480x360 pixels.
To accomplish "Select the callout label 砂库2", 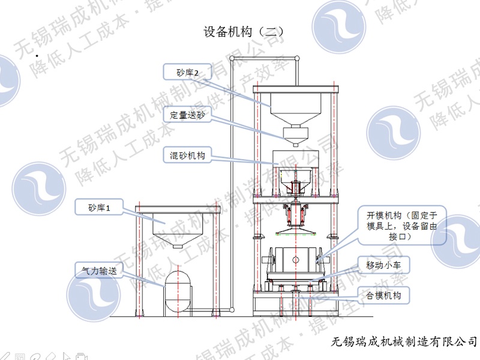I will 188,72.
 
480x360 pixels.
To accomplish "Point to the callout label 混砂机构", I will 188,156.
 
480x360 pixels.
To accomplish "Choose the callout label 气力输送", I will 99,271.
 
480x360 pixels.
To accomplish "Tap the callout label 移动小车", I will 383,264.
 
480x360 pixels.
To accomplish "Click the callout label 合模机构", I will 383,295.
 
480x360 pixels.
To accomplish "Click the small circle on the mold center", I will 295,259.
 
